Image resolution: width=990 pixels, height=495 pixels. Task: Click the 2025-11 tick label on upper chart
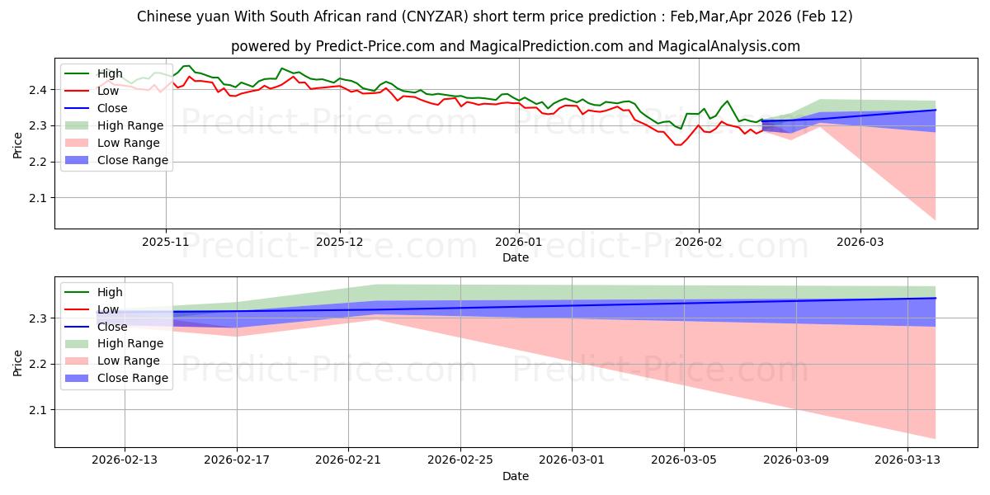tap(166, 243)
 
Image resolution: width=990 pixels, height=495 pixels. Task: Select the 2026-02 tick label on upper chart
tap(699, 243)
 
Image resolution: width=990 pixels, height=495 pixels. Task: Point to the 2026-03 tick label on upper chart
tap(860, 243)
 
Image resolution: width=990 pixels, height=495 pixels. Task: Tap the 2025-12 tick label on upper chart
tap(340, 243)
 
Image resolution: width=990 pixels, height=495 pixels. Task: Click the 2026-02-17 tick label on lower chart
tap(237, 460)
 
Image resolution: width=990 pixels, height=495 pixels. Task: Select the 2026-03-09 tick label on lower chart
tap(796, 460)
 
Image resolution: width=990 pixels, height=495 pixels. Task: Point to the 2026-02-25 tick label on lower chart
tap(460, 460)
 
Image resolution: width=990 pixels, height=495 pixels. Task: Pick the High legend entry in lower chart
tap(110, 292)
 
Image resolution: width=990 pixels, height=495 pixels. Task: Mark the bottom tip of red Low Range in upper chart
tap(935, 220)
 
